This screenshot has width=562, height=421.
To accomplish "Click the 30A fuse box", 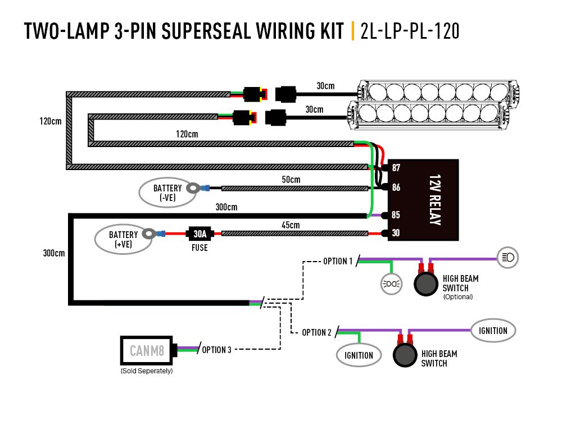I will [200, 234].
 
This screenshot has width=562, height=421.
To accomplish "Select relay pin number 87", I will [396, 168].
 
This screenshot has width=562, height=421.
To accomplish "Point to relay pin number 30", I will [396, 234].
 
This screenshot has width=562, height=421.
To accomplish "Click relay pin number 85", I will [396, 215].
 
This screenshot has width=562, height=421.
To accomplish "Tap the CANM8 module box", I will [147, 351].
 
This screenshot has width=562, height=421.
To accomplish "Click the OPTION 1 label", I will [338, 261].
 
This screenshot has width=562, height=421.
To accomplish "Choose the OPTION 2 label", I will [316, 332].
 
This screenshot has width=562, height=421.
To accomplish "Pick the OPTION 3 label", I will [216, 350].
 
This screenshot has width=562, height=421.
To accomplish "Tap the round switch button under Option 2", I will [404, 355].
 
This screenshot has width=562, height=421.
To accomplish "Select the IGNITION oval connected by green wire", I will [359, 355].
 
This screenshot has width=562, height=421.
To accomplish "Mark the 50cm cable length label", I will [291, 180].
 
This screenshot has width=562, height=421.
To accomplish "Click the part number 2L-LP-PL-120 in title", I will [410, 31].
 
